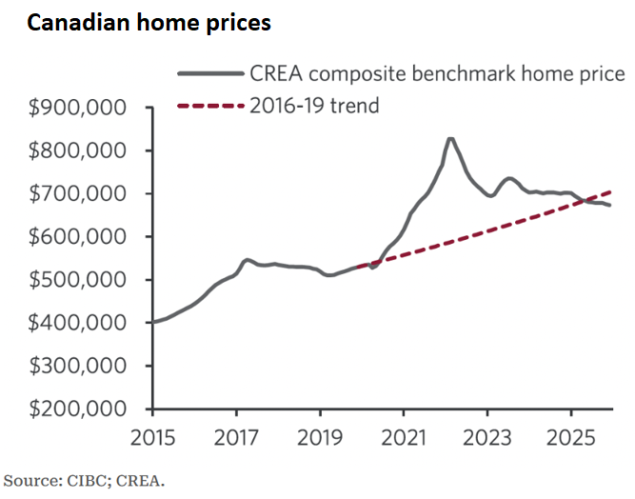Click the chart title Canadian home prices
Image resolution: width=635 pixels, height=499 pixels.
pyautogui.click(x=149, y=24)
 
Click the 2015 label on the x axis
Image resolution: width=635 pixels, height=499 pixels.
pyautogui.click(x=151, y=441)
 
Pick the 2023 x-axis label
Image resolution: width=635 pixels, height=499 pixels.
pyautogui.click(x=486, y=441)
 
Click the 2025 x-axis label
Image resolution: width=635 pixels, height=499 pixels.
pyautogui.click(x=570, y=441)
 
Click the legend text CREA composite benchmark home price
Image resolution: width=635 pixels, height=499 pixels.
pyautogui.click(x=437, y=74)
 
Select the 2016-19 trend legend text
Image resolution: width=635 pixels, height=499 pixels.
pyautogui.click(x=314, y=105)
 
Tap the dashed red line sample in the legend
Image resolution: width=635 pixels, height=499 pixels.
pyautogui.click(x=209, y=105)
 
